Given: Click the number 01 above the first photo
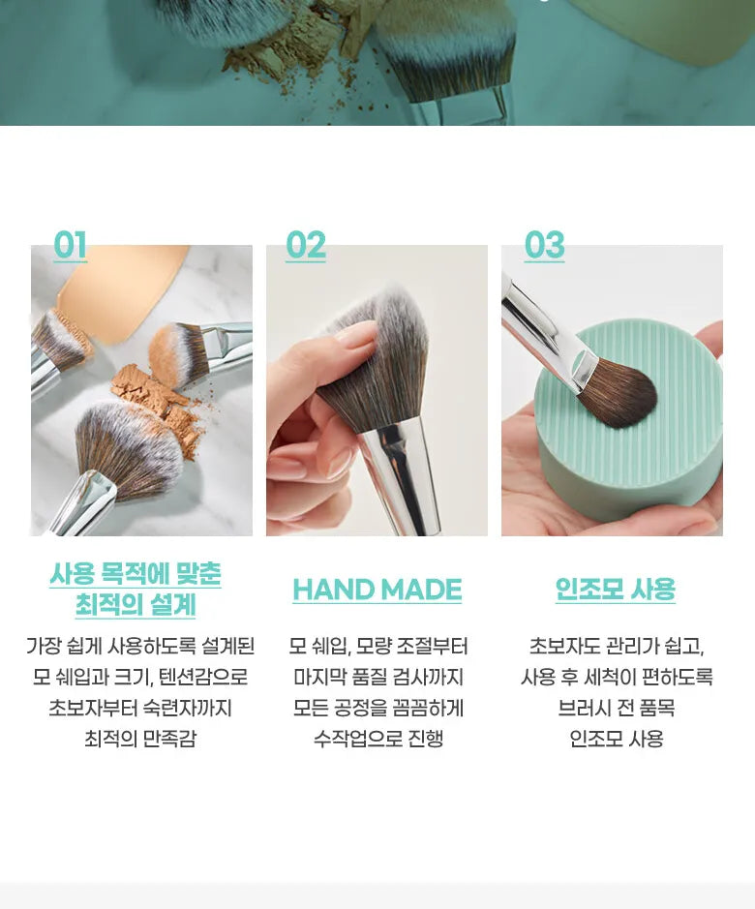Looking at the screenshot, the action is tap(70, 245).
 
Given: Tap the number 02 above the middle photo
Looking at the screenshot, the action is tap(306, 245).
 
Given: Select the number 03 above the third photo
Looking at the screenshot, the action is tap(544, 245).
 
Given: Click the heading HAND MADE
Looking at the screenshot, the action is tap(377, 590).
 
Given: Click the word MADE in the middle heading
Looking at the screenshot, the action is tap(422, 590).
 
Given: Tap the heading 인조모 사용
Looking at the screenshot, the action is tap(616, 589).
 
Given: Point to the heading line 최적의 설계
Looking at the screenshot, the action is tap(136, 605).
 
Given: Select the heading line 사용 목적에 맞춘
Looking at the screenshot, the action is tap(136, 574).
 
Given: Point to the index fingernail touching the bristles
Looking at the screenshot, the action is tap(355, 335).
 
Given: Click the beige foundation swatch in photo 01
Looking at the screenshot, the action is tap(122, 289).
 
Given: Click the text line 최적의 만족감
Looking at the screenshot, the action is tap(141, 739).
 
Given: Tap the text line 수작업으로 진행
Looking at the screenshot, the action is tap(378, 739).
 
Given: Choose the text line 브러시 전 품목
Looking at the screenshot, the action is tap(616, 708).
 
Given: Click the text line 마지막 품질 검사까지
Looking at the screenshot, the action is tap(378, 677).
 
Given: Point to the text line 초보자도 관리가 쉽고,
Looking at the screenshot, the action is tap(617, 647).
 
